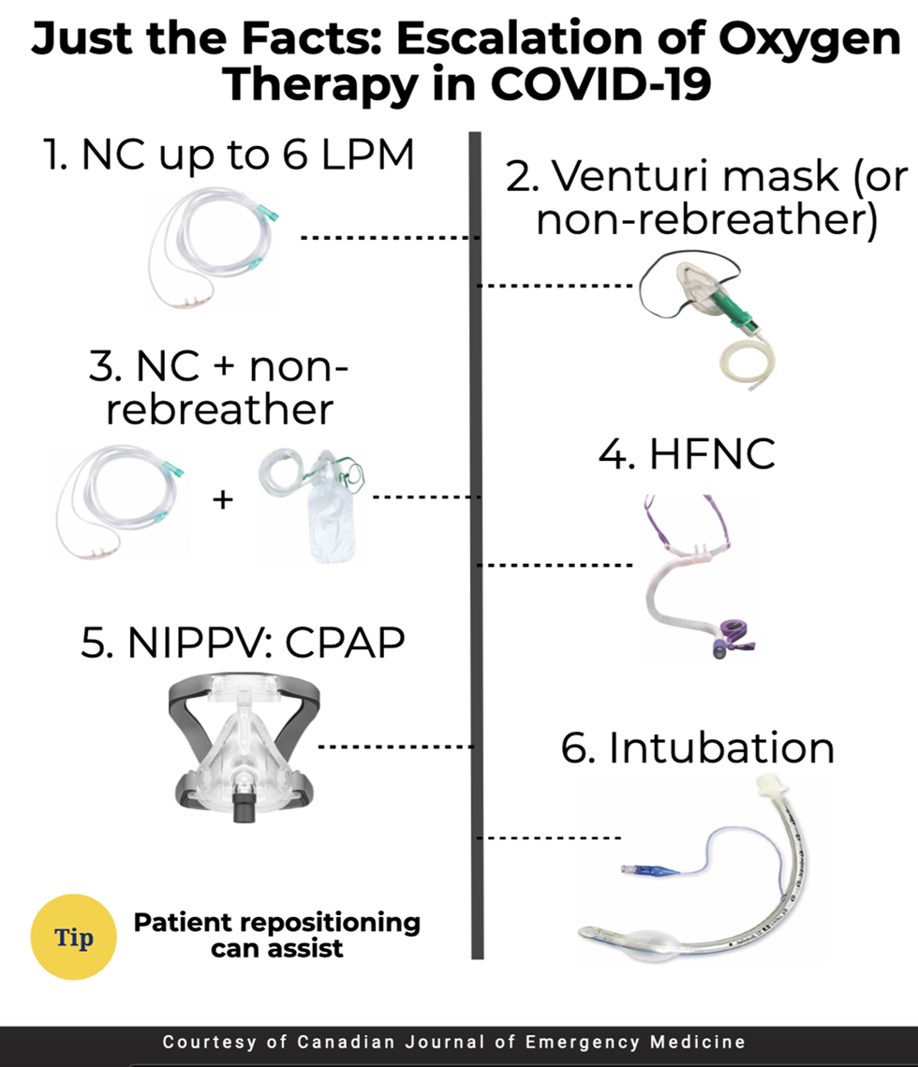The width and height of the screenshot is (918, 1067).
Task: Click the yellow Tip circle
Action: (73, 937)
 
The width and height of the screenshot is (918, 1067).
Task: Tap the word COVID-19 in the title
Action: (600, 84)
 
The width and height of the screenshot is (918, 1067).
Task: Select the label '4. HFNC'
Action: (688, 453)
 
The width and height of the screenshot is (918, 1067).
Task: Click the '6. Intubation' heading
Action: (698, 748)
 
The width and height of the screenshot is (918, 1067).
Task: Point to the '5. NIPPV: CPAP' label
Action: (243, 642)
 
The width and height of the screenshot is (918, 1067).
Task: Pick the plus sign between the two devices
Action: (223, 499)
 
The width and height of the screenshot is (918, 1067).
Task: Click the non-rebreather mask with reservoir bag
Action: (313, 506)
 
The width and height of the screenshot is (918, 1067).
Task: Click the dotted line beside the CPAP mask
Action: (396, 747)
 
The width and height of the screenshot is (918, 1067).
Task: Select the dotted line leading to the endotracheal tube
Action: (550, 837)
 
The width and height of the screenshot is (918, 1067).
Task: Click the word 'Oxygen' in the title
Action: (809, 39)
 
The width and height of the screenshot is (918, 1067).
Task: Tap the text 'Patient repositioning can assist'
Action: (277, 935)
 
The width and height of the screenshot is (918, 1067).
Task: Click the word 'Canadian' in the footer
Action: (347, 1042)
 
